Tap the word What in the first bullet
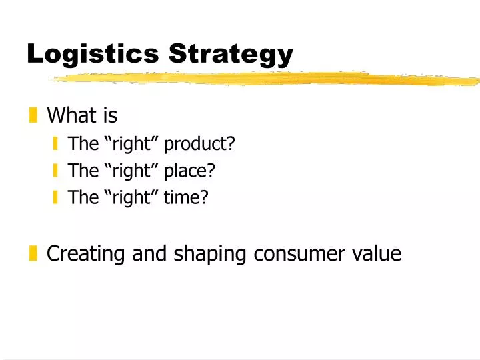tap(72, 116)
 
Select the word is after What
tap(109, 116)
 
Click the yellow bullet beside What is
tap(33, 117)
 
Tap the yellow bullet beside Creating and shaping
tap(33, 253)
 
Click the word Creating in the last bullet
tap(85, 253)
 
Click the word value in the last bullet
tap(379, 253)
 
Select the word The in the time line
tap(83, 197)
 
